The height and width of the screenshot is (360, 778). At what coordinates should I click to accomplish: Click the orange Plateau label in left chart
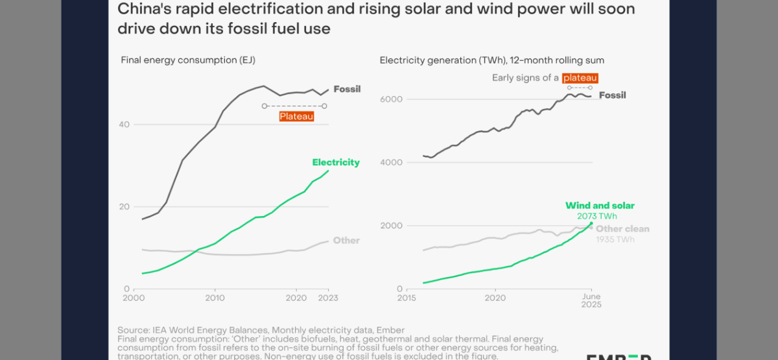(296, 117)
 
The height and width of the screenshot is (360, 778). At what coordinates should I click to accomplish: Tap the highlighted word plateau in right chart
(580, 78)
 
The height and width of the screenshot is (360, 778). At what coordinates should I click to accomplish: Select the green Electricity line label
(336, 162)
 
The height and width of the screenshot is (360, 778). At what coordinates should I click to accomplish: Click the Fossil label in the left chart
(347, 89)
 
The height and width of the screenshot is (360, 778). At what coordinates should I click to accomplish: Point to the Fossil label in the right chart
(612, 95)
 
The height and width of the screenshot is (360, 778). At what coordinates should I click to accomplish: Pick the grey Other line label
(346, 241)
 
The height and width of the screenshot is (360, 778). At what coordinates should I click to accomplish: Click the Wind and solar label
(600, 206)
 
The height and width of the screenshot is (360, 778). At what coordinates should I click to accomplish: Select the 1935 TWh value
(615, 240)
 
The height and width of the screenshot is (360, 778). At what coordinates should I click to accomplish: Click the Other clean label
(622, 229)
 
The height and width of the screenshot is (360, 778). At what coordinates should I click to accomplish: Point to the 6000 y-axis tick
(392, 99)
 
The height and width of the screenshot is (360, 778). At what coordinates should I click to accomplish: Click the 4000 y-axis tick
(392, 162)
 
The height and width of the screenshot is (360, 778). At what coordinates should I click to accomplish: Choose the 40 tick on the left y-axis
(124, 125)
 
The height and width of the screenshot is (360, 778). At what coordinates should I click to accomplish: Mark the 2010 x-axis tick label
(215, 298)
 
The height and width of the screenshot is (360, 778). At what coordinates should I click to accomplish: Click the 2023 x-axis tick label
(328, 298)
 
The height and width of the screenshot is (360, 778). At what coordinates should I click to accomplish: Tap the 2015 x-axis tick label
(407, 298)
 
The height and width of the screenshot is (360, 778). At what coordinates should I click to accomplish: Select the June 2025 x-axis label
(591, 301)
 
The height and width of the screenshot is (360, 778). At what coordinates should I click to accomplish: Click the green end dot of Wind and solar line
(591, 224)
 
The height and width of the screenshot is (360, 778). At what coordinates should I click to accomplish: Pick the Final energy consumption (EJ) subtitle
(188, 60)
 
